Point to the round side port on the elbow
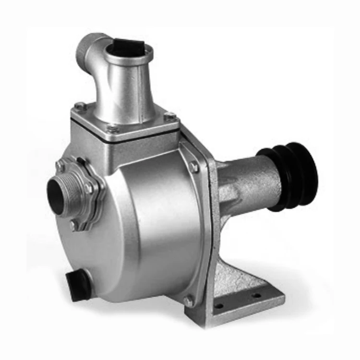click(86, 48)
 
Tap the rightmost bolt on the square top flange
click(169, 116)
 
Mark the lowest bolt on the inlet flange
click(73, 224)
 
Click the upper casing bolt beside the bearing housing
click(194, 167)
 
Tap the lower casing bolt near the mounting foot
click(189, 301)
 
